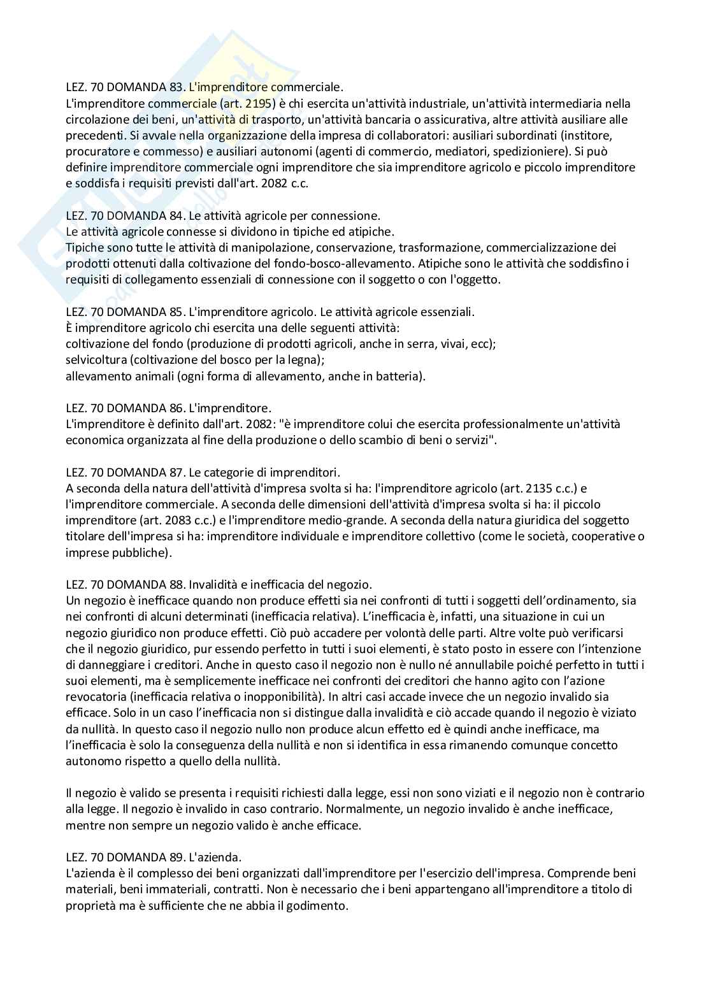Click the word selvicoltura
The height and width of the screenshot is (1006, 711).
tap(96, 360)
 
